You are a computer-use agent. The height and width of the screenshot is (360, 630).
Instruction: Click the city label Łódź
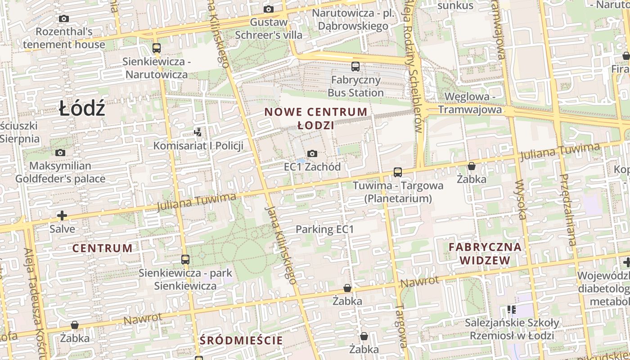click(82, 109)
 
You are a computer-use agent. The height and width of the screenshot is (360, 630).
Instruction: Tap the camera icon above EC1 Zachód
click(312, 154)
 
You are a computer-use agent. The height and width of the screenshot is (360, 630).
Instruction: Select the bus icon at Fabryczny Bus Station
click(355, 67)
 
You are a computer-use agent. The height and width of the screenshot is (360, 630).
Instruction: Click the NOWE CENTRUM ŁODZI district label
click(315, 118)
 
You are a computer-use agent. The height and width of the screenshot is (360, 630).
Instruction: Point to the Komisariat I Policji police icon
click(198, 132)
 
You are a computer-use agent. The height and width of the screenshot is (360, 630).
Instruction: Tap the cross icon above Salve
click(62, 216)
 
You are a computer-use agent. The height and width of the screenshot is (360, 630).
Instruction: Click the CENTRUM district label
click(103, 248)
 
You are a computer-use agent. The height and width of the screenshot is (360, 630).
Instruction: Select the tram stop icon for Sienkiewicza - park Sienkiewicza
click(185, 259)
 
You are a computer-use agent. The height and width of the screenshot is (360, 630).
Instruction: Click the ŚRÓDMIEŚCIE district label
click(241, 340)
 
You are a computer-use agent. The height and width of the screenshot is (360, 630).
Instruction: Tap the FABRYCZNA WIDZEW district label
click(485, 253)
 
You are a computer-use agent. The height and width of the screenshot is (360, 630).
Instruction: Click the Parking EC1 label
click(324, 229)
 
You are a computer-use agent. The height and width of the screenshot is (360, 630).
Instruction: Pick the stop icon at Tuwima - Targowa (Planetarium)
click(397, 172)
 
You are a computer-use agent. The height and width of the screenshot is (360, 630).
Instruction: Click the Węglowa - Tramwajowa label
click(470, 103)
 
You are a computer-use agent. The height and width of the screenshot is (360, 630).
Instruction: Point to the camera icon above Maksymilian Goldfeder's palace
click(60, 153)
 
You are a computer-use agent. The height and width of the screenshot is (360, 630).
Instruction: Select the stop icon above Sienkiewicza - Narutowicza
click(157, 48)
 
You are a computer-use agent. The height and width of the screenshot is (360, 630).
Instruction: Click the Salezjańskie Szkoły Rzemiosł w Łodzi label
click(512, 329)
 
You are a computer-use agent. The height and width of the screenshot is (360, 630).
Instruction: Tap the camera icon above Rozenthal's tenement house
click(64, 19)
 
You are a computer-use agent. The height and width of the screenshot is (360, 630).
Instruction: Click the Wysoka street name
click(521, 200)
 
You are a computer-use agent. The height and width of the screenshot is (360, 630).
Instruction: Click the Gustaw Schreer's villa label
click(269, 28)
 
